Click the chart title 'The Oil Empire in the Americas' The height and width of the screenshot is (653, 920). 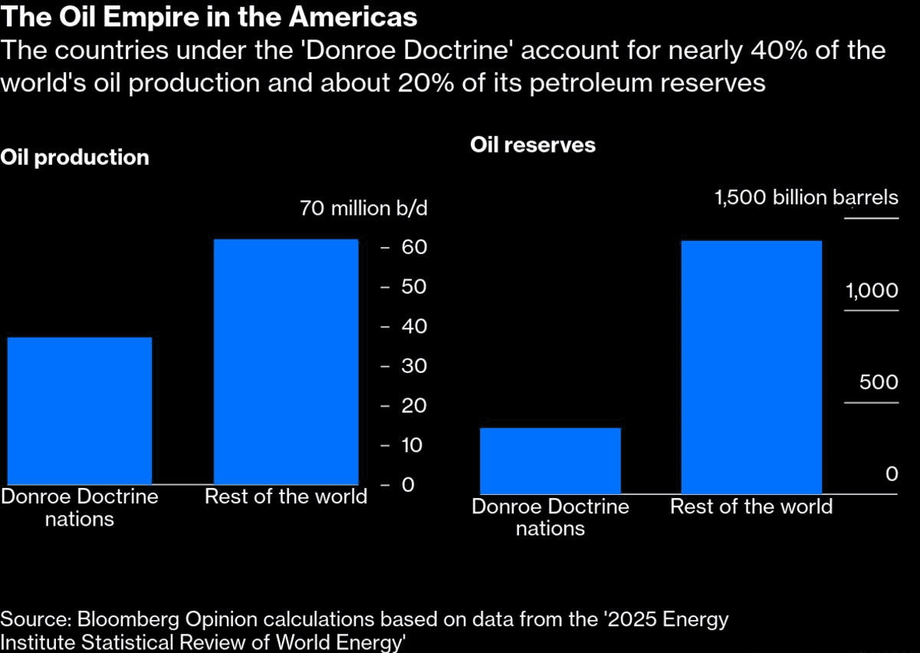point(209,17)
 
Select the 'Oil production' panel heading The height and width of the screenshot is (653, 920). point(75,157)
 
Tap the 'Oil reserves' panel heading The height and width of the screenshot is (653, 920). point(532,145)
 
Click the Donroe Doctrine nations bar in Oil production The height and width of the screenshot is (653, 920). point(80,411)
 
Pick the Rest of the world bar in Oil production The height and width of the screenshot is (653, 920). point(286,361)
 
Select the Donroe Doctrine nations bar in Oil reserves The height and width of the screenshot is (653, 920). point(550,460)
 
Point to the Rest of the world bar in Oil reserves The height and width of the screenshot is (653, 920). point(751,367)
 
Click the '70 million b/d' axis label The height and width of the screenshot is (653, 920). point(364,209)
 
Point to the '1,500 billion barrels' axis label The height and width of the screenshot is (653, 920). point(806,198)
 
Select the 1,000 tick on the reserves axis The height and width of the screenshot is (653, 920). point(872,292)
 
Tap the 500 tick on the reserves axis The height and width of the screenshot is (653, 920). point(879,383)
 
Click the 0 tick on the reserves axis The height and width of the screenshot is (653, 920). point(891,474)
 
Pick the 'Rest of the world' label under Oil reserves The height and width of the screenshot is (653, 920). point(751,506)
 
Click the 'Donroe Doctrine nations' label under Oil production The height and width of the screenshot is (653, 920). point(80,507)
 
